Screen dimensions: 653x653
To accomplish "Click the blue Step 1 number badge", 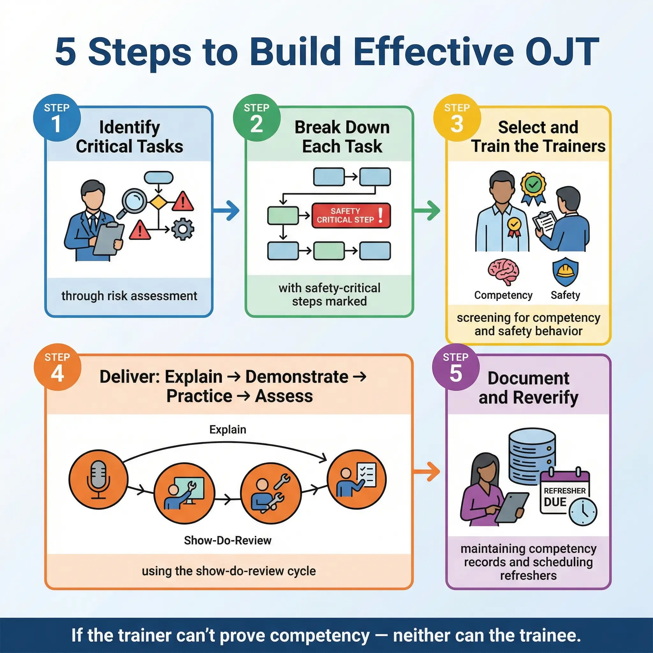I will pyautogui.click(x=57, y=118).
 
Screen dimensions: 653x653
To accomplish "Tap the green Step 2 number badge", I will pyautogui.click(x=257, y=118).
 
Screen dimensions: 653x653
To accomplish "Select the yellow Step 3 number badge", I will pyautogui.click(x=457, y=118).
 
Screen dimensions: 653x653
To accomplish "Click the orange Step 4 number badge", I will pyautogui.click(x=57, y=367).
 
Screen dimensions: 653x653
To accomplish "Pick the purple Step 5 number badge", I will pyautogui.click(x=456, y=367).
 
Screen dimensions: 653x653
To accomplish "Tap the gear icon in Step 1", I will pyautogui.click(x=182, y=229).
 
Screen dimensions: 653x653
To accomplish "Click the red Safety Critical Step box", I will pyautogui.click(x=351, y=215).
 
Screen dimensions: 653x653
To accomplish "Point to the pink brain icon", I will pyautogui.click(x=503, y=272).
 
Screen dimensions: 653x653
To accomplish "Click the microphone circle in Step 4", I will pyautogui.click(x=98, y=480).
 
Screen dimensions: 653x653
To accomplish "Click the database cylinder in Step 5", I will pyautogui.click(x=532, y=455).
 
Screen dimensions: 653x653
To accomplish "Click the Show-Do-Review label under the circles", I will pyautogui.click(x=227, y=540).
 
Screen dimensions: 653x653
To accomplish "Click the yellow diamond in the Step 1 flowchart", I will pyautogui.click(x=158, y=202).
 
